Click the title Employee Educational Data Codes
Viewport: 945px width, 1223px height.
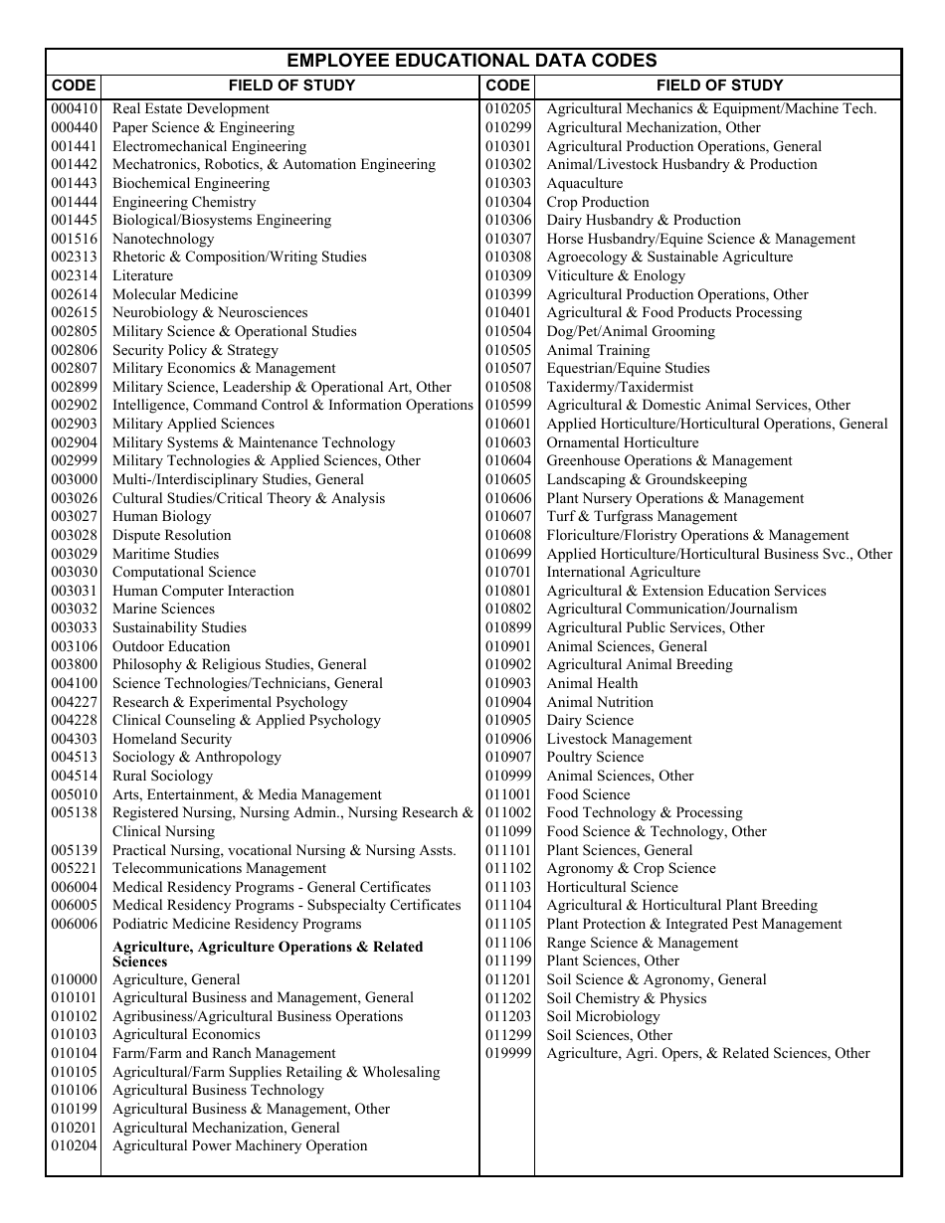click(472, 61)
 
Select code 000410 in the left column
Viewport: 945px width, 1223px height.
click(75, 109)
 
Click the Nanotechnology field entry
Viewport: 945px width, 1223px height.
click(163, 239)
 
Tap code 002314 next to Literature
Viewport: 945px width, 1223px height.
click(75, 275)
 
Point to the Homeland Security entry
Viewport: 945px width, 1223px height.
click(172, 739)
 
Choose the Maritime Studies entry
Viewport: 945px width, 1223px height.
click(165, 554)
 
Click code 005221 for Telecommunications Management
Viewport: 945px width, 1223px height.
click(75, 868)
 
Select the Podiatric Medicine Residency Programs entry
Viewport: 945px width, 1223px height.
click(237, 924)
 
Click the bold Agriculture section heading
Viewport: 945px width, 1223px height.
click(268, 954)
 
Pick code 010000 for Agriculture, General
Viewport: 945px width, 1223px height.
click(75, 979)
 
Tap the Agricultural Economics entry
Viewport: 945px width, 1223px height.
click(179, 1034)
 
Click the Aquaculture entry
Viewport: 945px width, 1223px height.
click(585, 183)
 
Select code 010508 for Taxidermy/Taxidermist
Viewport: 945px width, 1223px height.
click(508, 387)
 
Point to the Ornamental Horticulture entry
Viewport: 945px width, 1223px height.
click(623, 442)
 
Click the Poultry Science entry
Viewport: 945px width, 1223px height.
click(595, 757)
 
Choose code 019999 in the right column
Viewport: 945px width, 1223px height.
click(508, 1053)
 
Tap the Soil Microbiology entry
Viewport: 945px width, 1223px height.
click(603, 1016)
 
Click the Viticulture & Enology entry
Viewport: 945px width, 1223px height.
click(616, 275)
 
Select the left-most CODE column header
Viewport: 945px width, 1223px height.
click(74, 86)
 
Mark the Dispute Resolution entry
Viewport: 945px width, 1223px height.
click(171, 535)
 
